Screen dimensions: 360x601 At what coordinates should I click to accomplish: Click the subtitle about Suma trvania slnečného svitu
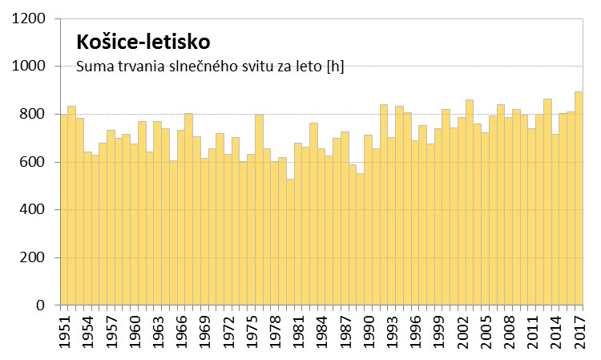click(x=209, y=66)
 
